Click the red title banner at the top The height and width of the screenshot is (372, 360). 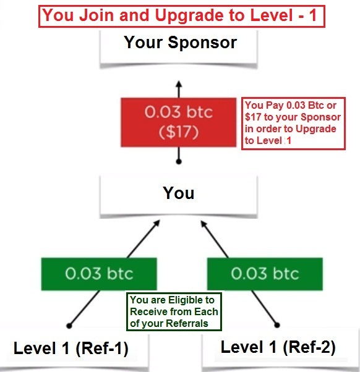[182, 16]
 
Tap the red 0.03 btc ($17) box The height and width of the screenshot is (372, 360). [179, 122]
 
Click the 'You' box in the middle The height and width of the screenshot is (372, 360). [179, 197]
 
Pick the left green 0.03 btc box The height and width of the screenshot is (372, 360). [99, 274]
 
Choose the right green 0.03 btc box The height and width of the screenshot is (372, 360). [265, 274]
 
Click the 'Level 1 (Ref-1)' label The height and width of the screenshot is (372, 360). [71, 349]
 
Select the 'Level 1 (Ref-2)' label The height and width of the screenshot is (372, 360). [278, 347]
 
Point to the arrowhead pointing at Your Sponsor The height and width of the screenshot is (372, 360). [179, 84]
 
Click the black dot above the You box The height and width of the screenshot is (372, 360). [179, 161]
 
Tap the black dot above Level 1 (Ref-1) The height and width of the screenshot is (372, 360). [69, 326]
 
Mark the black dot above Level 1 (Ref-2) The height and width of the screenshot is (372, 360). [277, 325]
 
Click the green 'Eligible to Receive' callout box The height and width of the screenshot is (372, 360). [174, 311]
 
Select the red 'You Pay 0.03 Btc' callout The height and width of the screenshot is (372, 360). [293, 124]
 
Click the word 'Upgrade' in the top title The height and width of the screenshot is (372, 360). [189, 15]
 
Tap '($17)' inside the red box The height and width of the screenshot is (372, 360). [179, 132]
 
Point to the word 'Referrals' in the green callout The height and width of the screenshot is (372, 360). [187, 323]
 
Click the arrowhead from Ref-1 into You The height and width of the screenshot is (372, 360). [157, 223]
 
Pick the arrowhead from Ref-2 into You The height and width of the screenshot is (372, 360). [204, 224]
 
